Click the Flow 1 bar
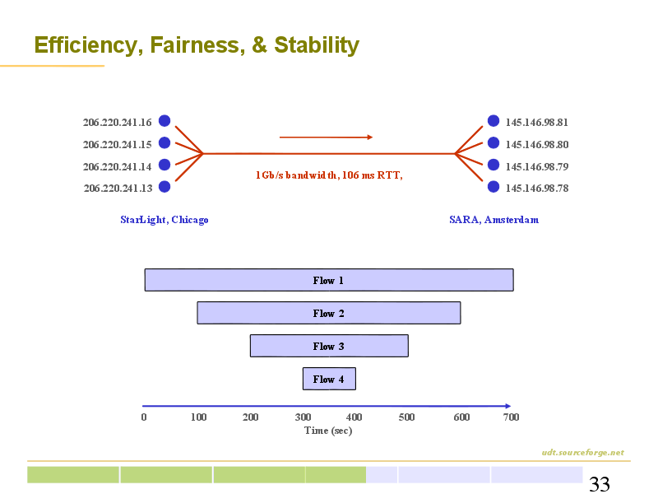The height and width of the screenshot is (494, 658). tap(329, 280)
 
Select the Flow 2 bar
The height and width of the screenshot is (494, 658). tap(329, 313)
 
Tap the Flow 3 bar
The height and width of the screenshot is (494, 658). tap(329, 346)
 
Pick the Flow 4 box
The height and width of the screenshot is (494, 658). tap(329, 379)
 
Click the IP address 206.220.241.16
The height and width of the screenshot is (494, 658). tap(117, 122)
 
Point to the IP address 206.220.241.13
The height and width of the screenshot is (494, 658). tap(118, 188)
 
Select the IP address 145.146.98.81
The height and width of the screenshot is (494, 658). tap(537, 122)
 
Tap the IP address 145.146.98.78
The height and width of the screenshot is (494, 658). tap(537, 188)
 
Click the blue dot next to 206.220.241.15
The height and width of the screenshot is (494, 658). tap(164, 142)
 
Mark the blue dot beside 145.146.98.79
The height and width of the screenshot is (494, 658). tap(493, 165)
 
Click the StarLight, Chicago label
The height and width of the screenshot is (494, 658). tap(164, 220)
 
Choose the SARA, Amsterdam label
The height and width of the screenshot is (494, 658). tap(494, 220)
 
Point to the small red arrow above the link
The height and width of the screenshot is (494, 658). tap(326, 137)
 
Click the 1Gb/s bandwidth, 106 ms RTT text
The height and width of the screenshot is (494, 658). tap(329, 175)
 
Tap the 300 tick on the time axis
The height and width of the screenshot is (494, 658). tap(303, 417)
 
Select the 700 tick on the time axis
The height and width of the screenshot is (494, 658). tap(511, 417)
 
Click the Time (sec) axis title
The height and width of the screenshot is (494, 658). tap(328, 431)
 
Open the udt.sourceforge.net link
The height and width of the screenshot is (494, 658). tap(582, 452)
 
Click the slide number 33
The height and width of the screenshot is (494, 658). tap(600, 484)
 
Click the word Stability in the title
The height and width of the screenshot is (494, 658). tap(317, 45)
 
